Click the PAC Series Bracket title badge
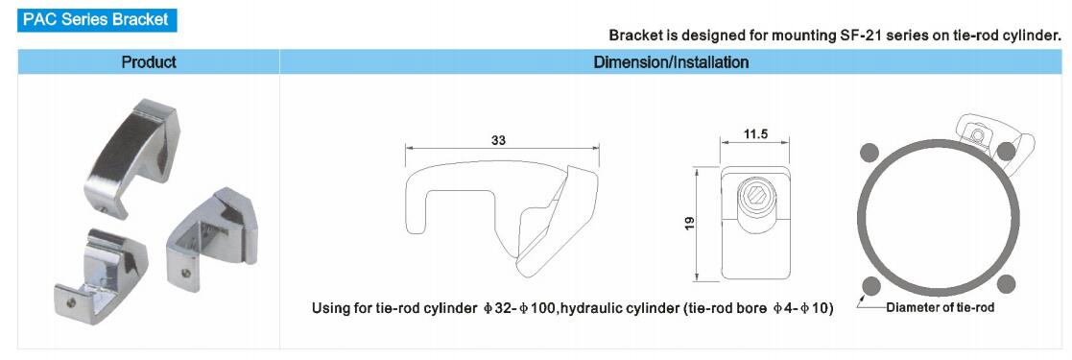click(x=96, y=19)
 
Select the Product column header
click(x=149, y=62)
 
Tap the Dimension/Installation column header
click(x=671, y=62)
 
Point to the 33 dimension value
click(x=500, y=140)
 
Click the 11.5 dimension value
click(x=754, y=134)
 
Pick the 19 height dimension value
click(x=690, y=223)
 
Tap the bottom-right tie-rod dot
click(x=1005, y=282)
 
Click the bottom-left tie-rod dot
click(x=870, y=285)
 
